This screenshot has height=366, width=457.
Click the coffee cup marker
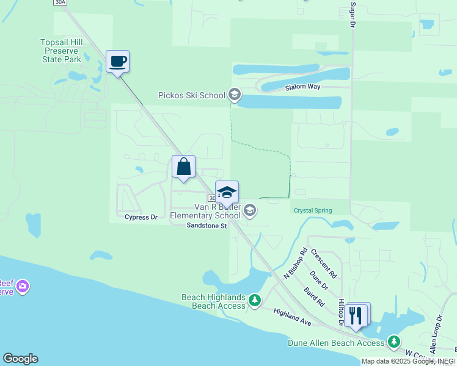[x=117, y=62]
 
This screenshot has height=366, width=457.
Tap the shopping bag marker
[x=183, y=166]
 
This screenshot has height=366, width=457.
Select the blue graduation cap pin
[x=227, y=192]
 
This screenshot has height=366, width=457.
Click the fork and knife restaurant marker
[x=356, y=314]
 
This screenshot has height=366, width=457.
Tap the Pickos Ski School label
[x=191, y=95]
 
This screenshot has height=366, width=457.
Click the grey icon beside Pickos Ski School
[x=234, y=95]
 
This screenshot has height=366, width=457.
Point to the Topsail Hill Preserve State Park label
[x=69, y=51]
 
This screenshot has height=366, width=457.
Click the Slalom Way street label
[x=302, y=87]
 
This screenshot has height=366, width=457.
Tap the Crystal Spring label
[x=312, y=210]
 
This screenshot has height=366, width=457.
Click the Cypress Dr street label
[x=141, y=217]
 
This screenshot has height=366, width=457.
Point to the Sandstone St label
[x=207, y=226]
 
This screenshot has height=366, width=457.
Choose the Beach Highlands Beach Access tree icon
[x=255, y=300]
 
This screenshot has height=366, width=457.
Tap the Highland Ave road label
[x=293, y=315]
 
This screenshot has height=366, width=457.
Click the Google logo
[x=20, y=358]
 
